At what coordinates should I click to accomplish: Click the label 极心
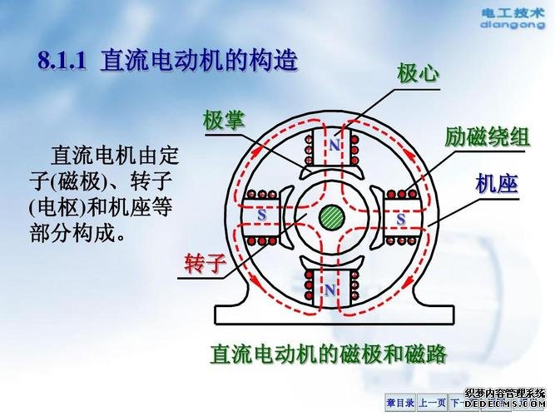pos(418,75)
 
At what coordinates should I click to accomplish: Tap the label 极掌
pos(223,121)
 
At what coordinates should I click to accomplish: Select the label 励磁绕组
pos(487,137)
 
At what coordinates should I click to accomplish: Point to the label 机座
pos(497,184)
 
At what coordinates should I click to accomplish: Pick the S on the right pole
pos(400,219)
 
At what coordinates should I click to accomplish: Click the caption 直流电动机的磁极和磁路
pos(329,354)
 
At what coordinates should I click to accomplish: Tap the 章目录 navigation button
pos(399,403)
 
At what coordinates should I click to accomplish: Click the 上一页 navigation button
pos(432,403)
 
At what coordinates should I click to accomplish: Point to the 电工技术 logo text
pos(513,12)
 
